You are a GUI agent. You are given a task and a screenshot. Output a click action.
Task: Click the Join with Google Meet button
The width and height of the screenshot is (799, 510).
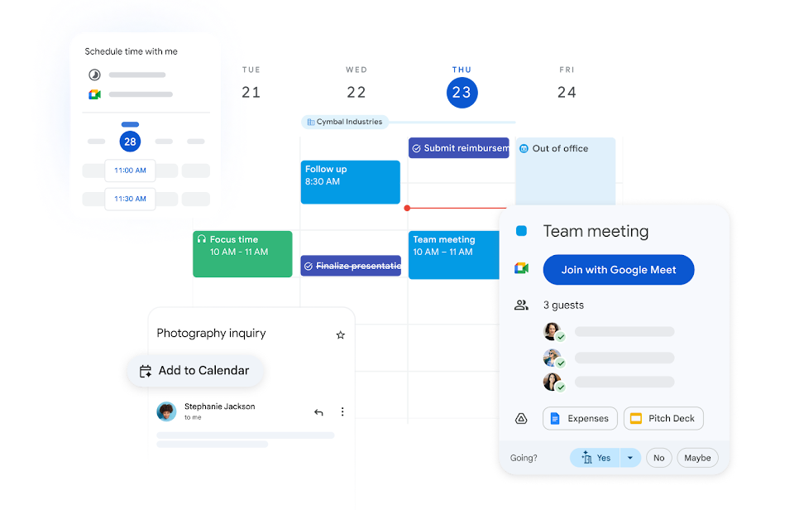[618, 270]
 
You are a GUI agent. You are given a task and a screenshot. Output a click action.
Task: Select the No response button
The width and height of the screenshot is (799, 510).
[658, 458]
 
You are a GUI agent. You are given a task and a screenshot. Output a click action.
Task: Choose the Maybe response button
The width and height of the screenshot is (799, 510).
[697, 458]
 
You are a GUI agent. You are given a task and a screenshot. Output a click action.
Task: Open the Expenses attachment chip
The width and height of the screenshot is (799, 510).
[580, 418]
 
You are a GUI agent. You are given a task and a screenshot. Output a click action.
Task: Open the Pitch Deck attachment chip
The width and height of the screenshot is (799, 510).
[663, 418]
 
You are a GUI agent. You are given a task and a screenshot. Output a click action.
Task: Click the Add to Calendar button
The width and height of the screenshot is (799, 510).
[195, 371]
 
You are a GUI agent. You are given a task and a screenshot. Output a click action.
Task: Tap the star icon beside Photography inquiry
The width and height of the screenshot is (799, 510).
[340, 335]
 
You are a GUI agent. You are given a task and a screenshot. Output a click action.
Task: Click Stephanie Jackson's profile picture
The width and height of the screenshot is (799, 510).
[167, 411]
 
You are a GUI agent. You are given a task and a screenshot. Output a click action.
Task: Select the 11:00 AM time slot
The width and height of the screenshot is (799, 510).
[130, 171]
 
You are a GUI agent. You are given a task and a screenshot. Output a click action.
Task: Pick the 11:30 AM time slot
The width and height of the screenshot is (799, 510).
[130, 199]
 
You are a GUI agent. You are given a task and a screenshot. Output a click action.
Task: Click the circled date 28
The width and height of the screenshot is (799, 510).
[130, 142]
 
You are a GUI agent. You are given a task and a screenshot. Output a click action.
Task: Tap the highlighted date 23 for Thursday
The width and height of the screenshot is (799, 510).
[461, 93]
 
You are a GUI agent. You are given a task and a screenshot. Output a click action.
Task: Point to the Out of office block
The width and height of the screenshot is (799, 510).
[566, 170]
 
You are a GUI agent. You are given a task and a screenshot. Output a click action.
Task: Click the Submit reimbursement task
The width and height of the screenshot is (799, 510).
[459, 148]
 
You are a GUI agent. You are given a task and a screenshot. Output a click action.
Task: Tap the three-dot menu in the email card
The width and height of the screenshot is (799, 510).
[342, 412]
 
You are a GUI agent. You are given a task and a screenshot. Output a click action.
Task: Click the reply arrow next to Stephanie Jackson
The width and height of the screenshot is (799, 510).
[318, 412]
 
